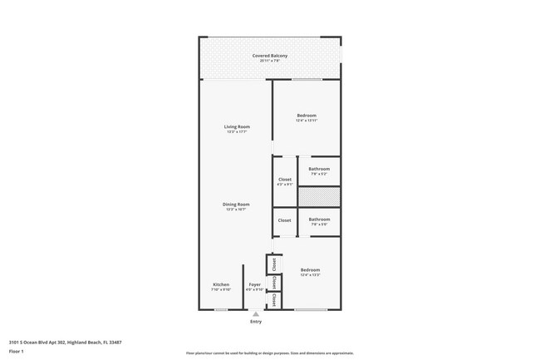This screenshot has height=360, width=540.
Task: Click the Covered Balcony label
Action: click(270, 55)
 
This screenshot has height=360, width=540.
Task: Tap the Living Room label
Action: click(237, 126)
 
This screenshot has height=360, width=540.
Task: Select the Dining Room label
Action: click(237, 204)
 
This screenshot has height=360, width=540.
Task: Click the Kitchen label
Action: click(221, 284)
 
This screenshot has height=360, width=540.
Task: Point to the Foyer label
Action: click(255, 284)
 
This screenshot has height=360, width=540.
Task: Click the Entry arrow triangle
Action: click(255, 314)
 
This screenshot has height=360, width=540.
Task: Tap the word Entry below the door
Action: click(255, 321)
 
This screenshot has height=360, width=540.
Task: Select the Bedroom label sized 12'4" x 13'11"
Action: click(307, 115)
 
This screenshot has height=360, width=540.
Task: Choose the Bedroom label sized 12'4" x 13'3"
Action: click(310, 269)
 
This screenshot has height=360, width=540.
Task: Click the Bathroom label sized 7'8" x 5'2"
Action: click(320, 169)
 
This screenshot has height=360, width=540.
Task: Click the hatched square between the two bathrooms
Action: click(319, 197)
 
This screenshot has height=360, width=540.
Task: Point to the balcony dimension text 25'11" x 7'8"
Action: click(270, 61)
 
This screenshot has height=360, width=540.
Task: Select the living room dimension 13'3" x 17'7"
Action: click(237, 132)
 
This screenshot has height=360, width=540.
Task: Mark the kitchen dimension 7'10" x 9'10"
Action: click(221, 290)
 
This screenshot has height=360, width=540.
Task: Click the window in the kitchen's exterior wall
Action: click(222, 310)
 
